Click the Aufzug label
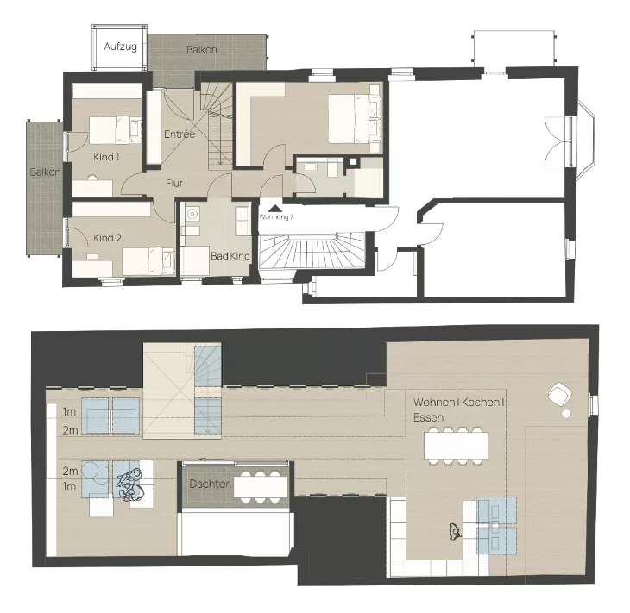click(x=120, y=47)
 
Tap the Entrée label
click(x=180, y=134)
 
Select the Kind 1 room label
click(x=106, y=157)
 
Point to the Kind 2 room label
click(x=107, y=238)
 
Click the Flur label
click(x=174, y=183)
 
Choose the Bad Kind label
click(x=230, y=256)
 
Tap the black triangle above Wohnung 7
click(x=274, y=209)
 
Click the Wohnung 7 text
click(x=276, y=216)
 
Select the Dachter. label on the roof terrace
click(x=211, y=484)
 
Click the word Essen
click(x=428, y=417)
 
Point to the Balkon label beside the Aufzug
click(x=202, y=50)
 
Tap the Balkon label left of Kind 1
click(x=46, y=172)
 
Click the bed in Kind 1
click(x=116, y=130)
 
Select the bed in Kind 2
click(x=148, y=261)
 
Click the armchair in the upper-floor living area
click(x=560, y=394)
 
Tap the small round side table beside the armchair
click(x=566, y=413)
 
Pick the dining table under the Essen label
click(x=456, y=446)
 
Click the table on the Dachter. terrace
click(x=261, y=487)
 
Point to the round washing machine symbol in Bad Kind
click(x=192, y=214)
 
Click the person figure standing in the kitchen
click(x=455, y=531)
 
